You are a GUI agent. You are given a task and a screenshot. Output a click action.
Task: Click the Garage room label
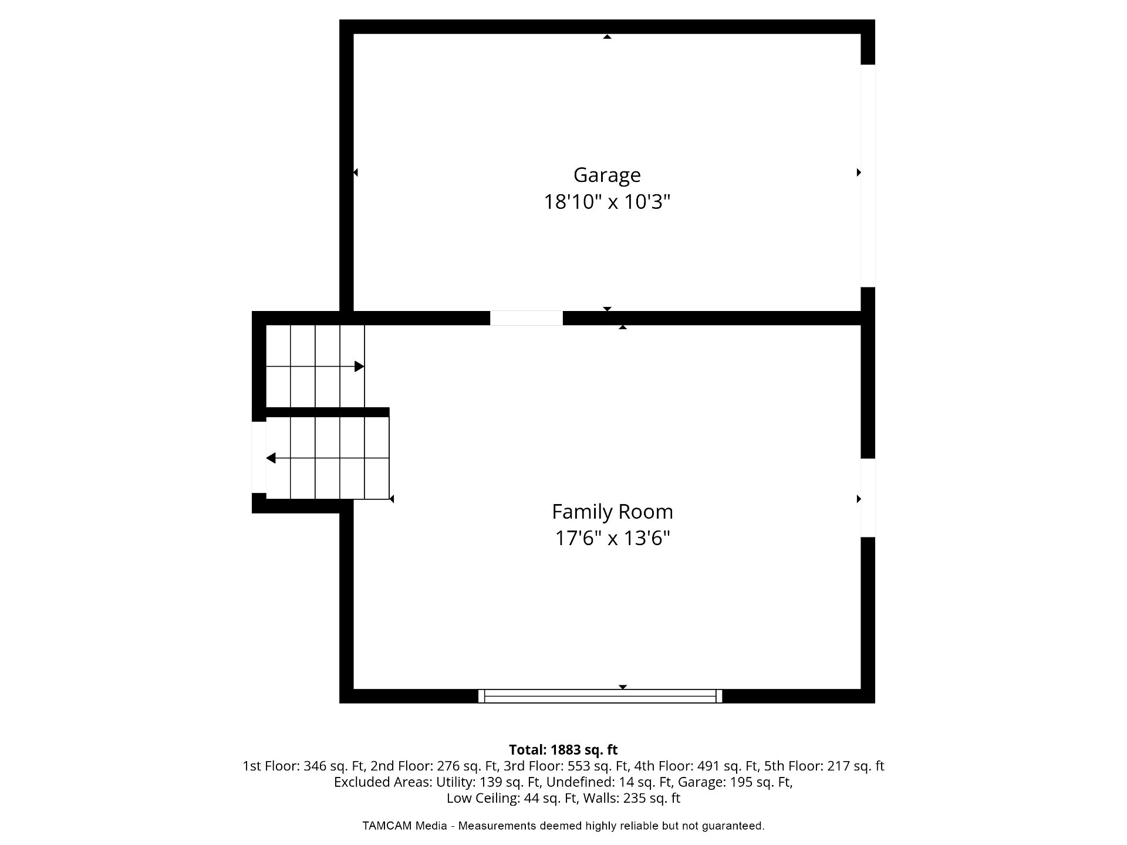click(x=607, y=175)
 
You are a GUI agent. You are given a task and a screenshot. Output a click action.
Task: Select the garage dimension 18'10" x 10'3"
click(x=607, y=202)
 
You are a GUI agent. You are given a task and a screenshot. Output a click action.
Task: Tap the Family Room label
click(x=612, y=512)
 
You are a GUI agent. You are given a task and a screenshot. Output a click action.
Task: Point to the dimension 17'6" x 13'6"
click(x=612, y=538)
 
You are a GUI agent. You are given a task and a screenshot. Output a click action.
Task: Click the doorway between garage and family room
click(x=527, y=318)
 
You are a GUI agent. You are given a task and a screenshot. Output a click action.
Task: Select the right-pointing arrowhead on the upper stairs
click(x=359, y=367)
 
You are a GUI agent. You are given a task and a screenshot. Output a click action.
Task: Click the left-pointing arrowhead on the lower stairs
click(x=271, y=458)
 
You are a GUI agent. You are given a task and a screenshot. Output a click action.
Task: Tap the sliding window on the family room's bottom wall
click(x=600, y=696)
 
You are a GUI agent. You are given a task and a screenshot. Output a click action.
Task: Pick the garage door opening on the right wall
click(x=868, y=176)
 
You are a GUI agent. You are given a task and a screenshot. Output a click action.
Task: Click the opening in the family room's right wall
click(x=868, y=498)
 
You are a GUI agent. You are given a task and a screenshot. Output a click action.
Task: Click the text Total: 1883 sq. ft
click(x=563, y=750)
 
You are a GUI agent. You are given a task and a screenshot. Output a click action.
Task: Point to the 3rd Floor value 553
click(x=579, y=766)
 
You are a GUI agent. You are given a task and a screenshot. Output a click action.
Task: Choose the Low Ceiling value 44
click(x=532, y=799)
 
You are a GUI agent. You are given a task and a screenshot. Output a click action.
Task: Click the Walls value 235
click(x=635, y=799)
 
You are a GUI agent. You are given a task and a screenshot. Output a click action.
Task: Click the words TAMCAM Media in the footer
click(x=404, y=826)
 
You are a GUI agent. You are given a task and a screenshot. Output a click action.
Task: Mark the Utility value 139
click(x=491, y=782)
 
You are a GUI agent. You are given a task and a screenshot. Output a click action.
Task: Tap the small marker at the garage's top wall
click(x=608, y=36)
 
